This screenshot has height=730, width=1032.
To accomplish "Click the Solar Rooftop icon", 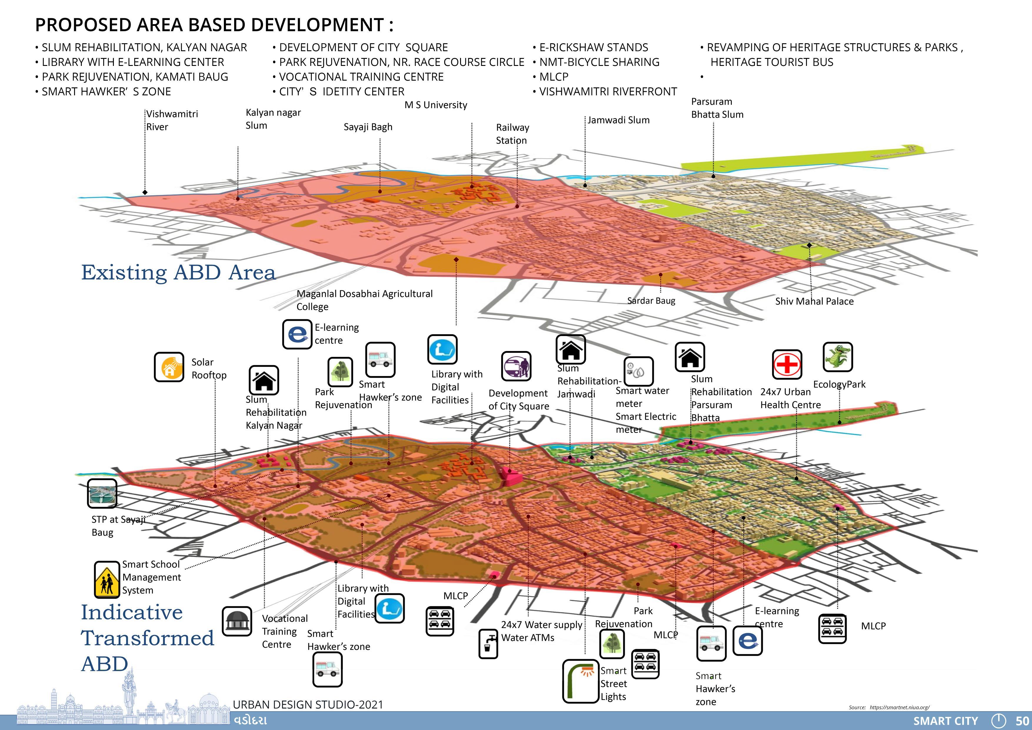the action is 169,367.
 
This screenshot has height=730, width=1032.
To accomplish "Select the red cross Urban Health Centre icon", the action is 787,364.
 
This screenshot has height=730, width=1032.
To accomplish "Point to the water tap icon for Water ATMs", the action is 488,644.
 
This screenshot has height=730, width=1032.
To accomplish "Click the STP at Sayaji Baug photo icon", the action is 102,493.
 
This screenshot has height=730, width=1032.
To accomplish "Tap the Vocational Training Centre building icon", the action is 237,621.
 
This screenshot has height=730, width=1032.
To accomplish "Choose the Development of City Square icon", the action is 516,366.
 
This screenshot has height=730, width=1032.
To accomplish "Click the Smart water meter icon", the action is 638,371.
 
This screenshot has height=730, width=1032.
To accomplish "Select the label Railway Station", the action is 512,134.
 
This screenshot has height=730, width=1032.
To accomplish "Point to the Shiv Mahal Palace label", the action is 814,301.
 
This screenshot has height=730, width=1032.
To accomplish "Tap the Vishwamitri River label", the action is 172,120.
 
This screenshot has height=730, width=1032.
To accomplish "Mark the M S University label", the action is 436,105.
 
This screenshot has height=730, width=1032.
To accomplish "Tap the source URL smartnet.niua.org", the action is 899,707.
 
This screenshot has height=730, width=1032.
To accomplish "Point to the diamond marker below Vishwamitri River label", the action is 145,192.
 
